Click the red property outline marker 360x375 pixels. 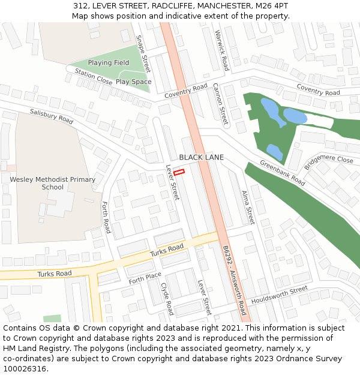(x=179, y=172)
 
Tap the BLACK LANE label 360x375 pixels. (x=201, y=157)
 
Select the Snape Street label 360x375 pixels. (x=143, y=54)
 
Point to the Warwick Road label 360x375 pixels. (x=221, y=50)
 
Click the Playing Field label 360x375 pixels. (x=109, y=63)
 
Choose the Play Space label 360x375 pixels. (x=133, y=82)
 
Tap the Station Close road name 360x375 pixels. (x=93, y=76)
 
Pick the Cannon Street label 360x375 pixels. (x=220, y=104)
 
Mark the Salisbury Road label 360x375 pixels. (x=52, y=116)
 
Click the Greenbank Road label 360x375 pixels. (x=282, y=173)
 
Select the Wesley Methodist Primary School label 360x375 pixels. (x=52, y=183)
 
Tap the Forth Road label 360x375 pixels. (x=106, y=217)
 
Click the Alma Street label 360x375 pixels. (x=248, y=208)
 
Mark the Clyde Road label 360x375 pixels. (x=166, y=299)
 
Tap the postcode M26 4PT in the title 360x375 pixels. (x=273, y=6)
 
